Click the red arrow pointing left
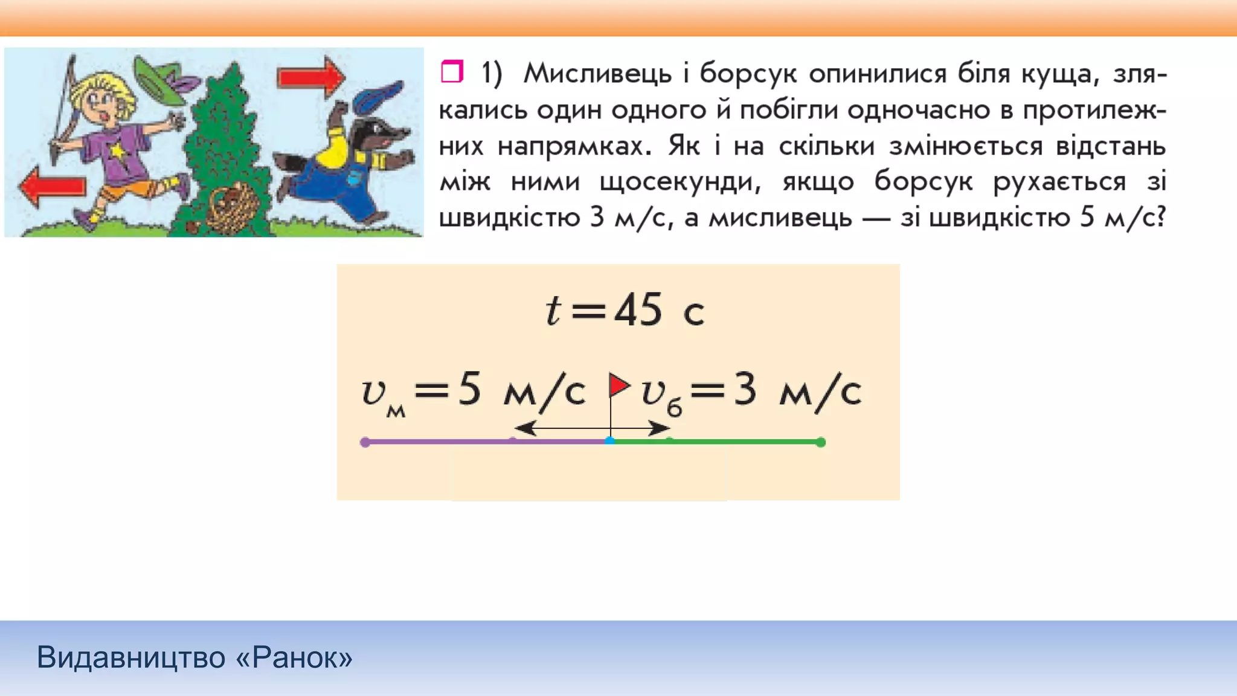pyautogui.click(x=52, y=185)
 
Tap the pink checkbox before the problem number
pyautogui.click(x=452, y=71)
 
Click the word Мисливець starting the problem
pyautogui.click(x=597, y=74)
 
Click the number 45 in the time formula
pyautogui.click(x=638, y=310)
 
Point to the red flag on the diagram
pyautogui.click(x=618, y=385)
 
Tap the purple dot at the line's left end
pyautogui.click(x=365, y=442)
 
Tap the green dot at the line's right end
pyautogui.click(x=820, y=442)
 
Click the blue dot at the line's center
pyautogui.click(x=610, y=442)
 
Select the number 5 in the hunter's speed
pyautogui.click(x=469, y=389)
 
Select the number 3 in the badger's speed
pyautogui.click(x=745, y=389)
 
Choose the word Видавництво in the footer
pyautogui.click(x=130, y=657)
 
